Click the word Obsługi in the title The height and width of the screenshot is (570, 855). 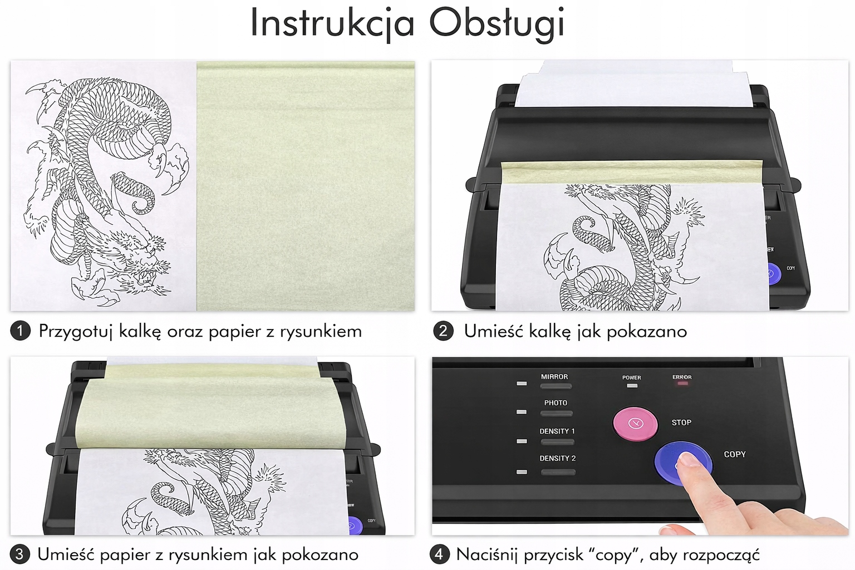(497, 23)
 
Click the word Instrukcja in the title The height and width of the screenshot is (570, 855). (332, 23)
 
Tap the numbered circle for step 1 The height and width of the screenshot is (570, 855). (20, 331)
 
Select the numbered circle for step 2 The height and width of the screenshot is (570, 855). (443, 331)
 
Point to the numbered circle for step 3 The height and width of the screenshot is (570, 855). (19, 554)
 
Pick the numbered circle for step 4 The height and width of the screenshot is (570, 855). (440, 554)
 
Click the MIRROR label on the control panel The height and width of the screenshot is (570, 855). (554, 377)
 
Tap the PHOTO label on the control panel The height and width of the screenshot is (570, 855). (556, 403)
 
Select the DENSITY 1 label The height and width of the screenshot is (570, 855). (557, 431)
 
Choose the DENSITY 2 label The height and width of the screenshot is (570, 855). (557, 458)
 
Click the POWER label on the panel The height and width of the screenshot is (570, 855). (632, 377)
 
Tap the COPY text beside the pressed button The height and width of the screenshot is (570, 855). (735, 454)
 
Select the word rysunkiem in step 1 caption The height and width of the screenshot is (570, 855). (321, 331)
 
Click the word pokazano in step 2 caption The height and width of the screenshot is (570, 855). (647, 331)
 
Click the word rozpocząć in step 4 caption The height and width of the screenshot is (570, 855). (721, 555)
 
